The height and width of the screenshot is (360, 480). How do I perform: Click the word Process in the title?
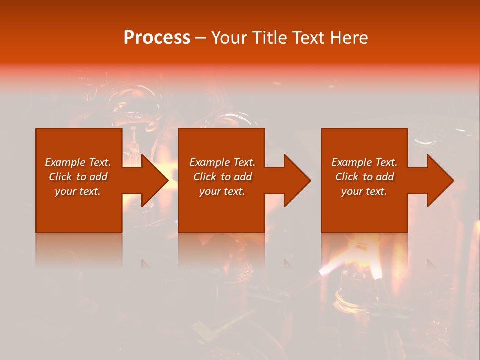click(x=157, y=38)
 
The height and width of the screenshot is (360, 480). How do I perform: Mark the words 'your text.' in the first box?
click(x=78, y=191)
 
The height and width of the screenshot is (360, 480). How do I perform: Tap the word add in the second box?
click(x=242, y=177)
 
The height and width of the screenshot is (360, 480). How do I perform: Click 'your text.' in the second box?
click(x=222, y=191)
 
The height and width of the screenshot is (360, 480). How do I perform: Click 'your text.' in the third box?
click(x=364, y=191)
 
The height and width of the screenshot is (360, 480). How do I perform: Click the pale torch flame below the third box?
click(x=327, y=271)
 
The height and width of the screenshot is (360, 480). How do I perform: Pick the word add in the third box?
click(x=384, y=177)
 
